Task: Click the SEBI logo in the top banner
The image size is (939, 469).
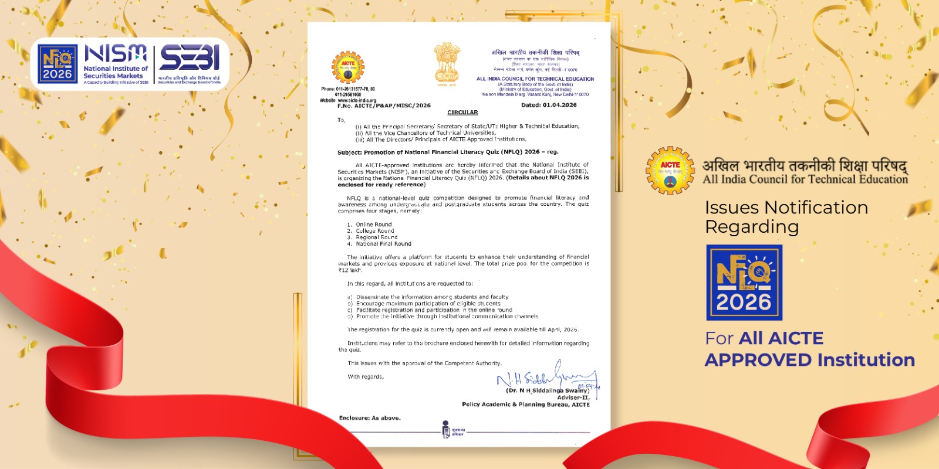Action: coord(190,58)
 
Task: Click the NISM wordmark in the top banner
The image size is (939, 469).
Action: coord(116,54)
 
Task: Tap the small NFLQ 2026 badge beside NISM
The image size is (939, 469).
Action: coord(58,64)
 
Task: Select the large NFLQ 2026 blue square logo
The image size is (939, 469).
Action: coord(744,283)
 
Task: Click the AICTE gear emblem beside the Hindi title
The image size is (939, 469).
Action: coord(670,171)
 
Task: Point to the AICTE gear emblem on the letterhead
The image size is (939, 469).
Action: coord(348,67)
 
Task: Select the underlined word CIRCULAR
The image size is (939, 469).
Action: coord(462,113)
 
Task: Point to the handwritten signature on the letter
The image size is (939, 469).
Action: coord(546,376)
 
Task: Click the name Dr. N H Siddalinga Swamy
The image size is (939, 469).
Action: coord(547,390)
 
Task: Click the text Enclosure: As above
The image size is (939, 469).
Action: coord(370,418)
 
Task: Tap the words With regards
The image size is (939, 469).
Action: coord(366,377)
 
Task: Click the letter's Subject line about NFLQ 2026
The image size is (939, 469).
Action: coord(447,152)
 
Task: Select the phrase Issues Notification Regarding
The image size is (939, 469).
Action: coord(786,217)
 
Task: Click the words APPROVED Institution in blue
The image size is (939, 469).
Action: coord(809,359)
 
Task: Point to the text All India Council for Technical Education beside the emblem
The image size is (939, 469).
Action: coord(805,179)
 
